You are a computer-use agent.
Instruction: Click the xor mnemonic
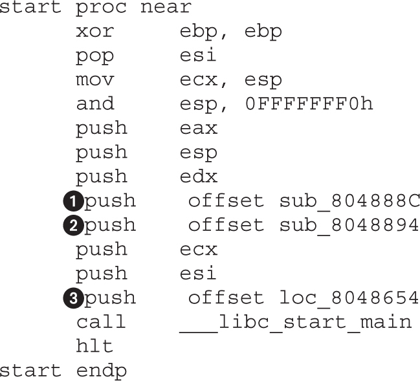tap(94, 31)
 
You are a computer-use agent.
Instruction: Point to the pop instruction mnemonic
tap(94, 56)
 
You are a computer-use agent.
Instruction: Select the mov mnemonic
tap(94, 80)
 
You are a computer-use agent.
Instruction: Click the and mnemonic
tap(94, 104)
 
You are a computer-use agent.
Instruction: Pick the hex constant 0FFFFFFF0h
tap(309, 104)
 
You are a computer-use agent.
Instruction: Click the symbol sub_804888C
tap(349, 201)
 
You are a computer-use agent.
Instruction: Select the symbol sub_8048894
tap(349, 225)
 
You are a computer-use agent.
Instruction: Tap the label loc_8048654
tap(349, 298)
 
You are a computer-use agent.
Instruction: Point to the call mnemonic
tap(101, 322)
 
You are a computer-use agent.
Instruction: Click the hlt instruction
tap(94, 346)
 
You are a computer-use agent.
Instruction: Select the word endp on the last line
tap(102, 371)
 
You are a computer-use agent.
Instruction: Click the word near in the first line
tap(166, 8)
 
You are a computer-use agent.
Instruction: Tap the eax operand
tap(199, 128)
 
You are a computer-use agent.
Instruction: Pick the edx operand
tap(199, 177)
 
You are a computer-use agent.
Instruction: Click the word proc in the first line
tap(102, 8)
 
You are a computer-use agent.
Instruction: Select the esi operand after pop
tap(199, 56)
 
